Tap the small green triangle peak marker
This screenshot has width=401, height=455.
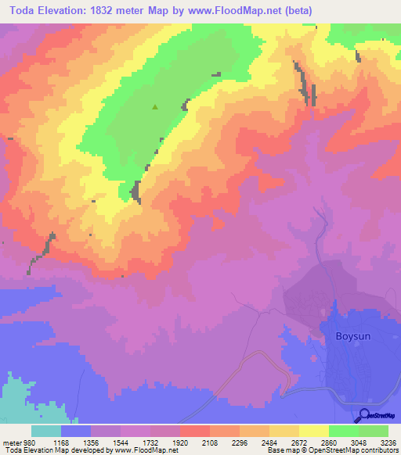[x=155, y=107]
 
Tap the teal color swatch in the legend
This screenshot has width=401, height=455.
[x=46, y=431]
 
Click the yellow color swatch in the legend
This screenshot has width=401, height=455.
[x=313, y=431]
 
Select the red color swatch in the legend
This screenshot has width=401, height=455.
[x=194, y=431]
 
